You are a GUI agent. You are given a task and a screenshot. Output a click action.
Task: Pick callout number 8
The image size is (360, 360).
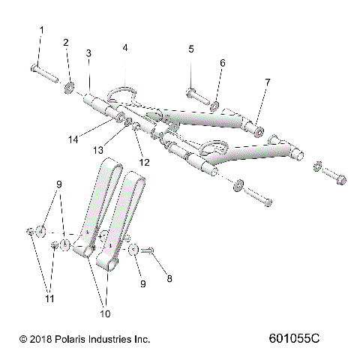click(169, 278)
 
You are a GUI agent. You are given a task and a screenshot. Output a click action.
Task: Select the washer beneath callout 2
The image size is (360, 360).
click(69, 88)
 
